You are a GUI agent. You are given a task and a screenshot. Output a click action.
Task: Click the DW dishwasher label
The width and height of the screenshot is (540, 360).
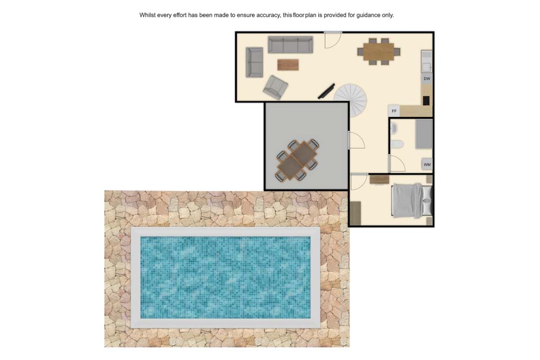pyautogui.click(x=427, y=79)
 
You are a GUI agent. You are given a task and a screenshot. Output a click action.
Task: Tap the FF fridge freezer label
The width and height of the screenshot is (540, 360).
pyautogui.click(x=394, y=111)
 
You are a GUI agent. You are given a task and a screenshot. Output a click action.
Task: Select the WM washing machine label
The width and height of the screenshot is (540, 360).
pyautogui.click(x=427, y=164)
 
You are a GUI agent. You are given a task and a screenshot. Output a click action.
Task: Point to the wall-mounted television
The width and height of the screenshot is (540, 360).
pyautogui.click(x=326, y=91)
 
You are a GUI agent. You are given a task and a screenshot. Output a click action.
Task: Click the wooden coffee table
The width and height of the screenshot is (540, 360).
pyautogui.click(x=288, y=65)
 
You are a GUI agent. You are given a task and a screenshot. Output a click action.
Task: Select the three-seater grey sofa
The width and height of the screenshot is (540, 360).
pyautogui.click(x=290, y=45)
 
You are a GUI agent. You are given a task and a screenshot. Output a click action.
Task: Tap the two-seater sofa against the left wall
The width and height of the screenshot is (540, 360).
pyautogui.click(x=254, y=62)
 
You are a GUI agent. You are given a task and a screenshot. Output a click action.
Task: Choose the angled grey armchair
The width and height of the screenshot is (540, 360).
pyautogui.click(x=275, y=87)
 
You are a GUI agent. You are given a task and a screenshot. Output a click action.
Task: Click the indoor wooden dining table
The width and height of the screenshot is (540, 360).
pyautogui.click(x=379, y=51)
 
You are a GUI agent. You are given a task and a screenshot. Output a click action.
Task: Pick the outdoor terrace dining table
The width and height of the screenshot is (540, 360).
pyautogui.click(x=297, y=160)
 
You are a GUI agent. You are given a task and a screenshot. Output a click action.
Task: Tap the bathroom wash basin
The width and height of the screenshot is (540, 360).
pyautogui.click(x=394, y=129)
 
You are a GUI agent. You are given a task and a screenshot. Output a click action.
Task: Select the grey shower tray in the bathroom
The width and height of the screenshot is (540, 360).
pyautogui.click(x=424, y=134)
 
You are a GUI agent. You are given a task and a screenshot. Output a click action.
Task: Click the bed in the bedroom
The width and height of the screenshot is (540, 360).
pyautogui.click(x=412, y=200)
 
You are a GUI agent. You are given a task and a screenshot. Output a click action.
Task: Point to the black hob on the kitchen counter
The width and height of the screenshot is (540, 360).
pyautogui.click(x=426, y=100)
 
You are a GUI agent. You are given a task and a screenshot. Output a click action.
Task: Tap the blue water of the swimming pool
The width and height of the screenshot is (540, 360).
pyautogui.click(x=226, y=277)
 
